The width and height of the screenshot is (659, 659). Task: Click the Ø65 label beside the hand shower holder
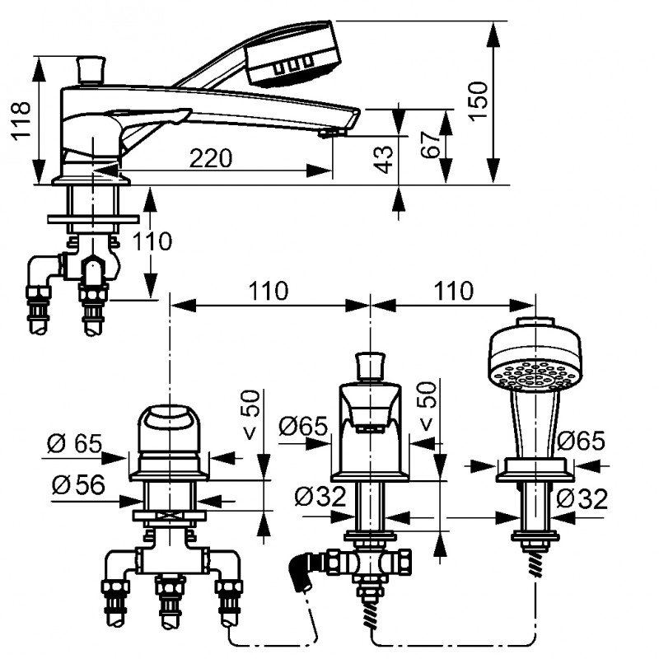pyautogui.click(x=582, y=442)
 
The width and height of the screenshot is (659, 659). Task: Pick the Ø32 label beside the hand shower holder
pyautogui.click(x=582, y=499)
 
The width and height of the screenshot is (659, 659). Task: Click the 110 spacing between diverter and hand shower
pyautogui.click(x=456, y=291)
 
